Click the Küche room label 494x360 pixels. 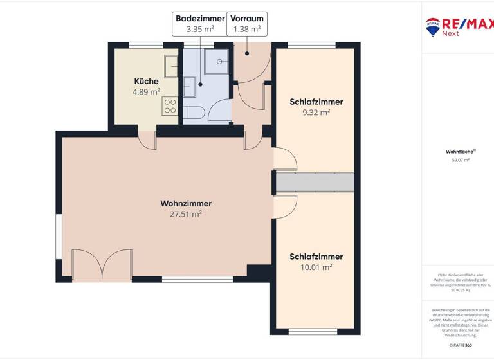146,82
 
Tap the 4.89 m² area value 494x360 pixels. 146,92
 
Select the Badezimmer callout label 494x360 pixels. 200,19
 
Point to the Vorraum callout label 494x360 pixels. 246,19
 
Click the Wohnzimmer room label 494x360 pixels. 186,204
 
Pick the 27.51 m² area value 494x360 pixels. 186,215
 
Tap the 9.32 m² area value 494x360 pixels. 316,112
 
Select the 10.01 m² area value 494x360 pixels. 316,267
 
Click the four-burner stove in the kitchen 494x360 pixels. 170,106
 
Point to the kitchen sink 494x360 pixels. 171,66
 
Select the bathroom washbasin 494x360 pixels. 190,86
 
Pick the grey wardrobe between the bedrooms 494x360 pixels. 315,183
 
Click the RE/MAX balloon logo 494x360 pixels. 433,26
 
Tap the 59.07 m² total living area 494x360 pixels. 461,160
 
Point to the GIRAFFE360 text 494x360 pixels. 460,345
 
